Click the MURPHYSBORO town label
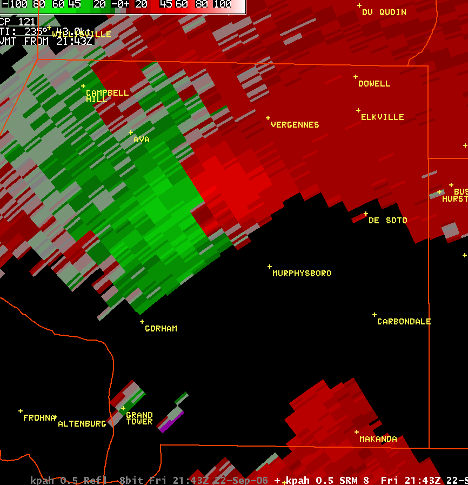tap(302, 274)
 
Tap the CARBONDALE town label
tap(404, 322)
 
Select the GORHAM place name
tap(161, 329)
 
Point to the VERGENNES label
tap(295, 125)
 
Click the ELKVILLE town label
tap(383, 117)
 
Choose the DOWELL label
tap(374, 84)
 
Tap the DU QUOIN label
tap(384, 12)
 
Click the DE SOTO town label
tap(388, 221)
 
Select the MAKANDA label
tap(378, 439)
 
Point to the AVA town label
tap(142, 139)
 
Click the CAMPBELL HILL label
tap(107, 96)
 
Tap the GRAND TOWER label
tap(139, 418)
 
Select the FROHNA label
tap(39, 418)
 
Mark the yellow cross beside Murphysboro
tap(270, 267)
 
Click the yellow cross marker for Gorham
tap(142, 322)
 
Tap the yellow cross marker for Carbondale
tap(374, 315)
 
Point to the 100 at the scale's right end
tap(222, 5)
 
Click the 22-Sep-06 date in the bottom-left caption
tap(246, 481)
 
